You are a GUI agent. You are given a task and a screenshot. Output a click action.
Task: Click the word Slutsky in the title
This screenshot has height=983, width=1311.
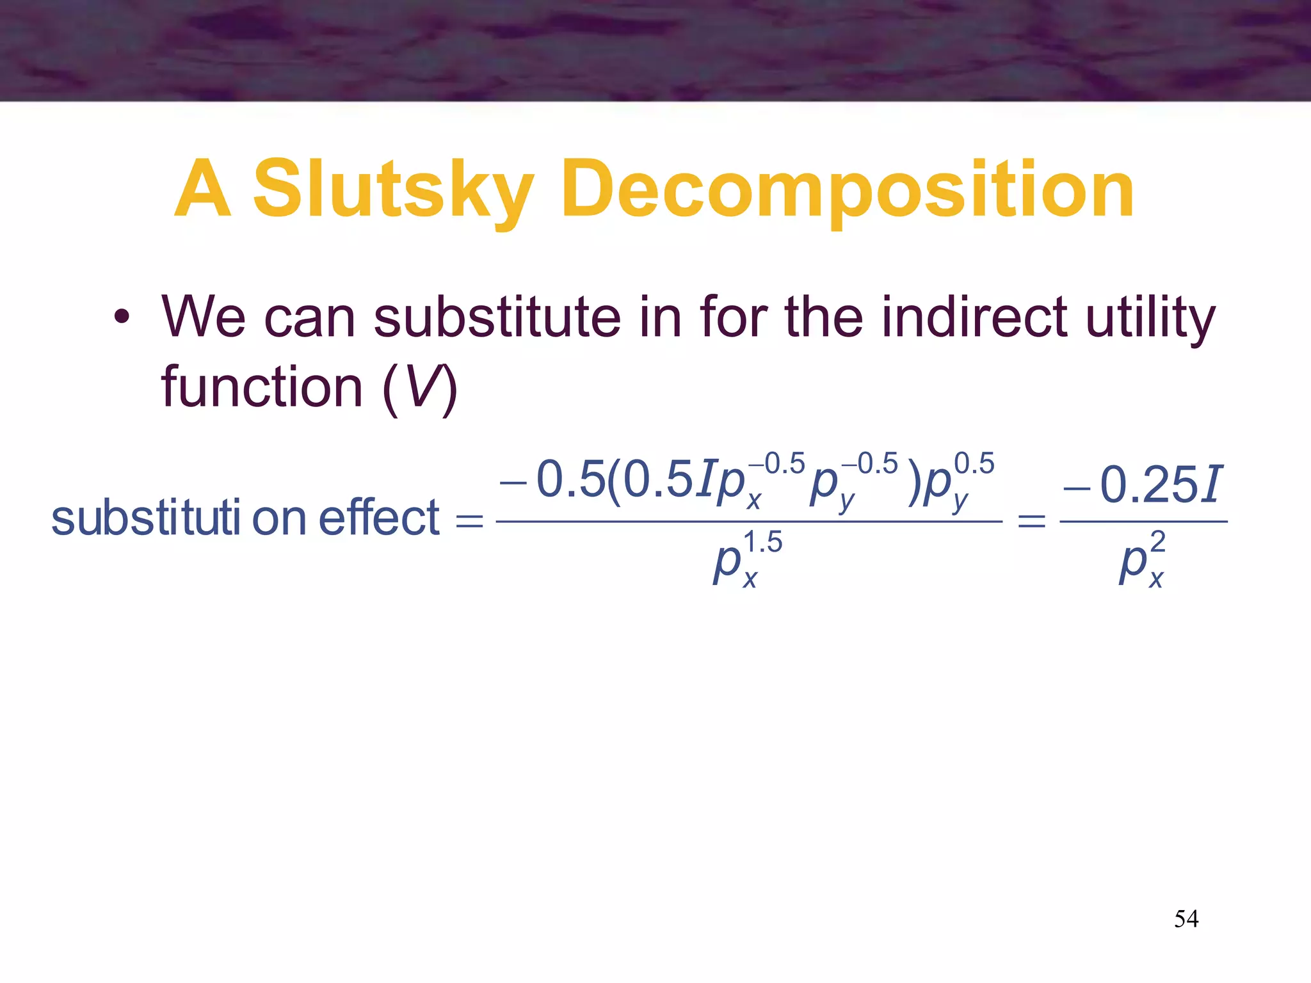coord(393,190)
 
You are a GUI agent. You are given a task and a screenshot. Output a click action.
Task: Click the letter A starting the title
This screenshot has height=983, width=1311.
coord(202,190)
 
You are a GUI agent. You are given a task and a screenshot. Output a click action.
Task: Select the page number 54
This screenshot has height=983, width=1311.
coord(1186,919)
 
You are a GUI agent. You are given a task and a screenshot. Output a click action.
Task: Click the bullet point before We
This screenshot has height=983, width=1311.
coord(122,317)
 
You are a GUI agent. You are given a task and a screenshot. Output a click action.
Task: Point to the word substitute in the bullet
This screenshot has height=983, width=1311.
coord(497,317)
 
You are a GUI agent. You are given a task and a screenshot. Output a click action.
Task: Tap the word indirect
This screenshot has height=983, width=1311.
coord(974,317)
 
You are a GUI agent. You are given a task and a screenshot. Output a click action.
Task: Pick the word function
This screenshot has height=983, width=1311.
coord(262,387)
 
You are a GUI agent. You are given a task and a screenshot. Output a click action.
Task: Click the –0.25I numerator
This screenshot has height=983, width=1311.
coord(1143,484)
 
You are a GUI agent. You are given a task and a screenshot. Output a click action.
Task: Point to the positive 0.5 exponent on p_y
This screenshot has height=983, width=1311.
coord(974,463)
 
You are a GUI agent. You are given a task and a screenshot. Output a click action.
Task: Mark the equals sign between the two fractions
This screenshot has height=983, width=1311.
coord(1031,522)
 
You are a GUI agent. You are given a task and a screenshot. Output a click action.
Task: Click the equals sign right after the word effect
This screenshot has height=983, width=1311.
coord(469,522)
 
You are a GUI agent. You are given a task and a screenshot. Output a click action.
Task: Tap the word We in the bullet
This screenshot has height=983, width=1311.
coord(204,317)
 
